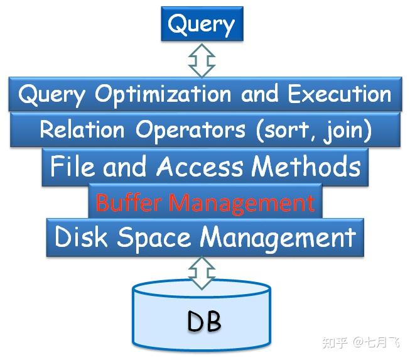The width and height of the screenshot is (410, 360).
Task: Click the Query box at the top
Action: [202, 25]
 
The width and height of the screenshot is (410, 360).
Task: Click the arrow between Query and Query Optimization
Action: [202, 60]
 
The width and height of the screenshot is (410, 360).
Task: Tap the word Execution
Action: [340, 94]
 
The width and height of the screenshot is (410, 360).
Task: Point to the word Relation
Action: [82, 130]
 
